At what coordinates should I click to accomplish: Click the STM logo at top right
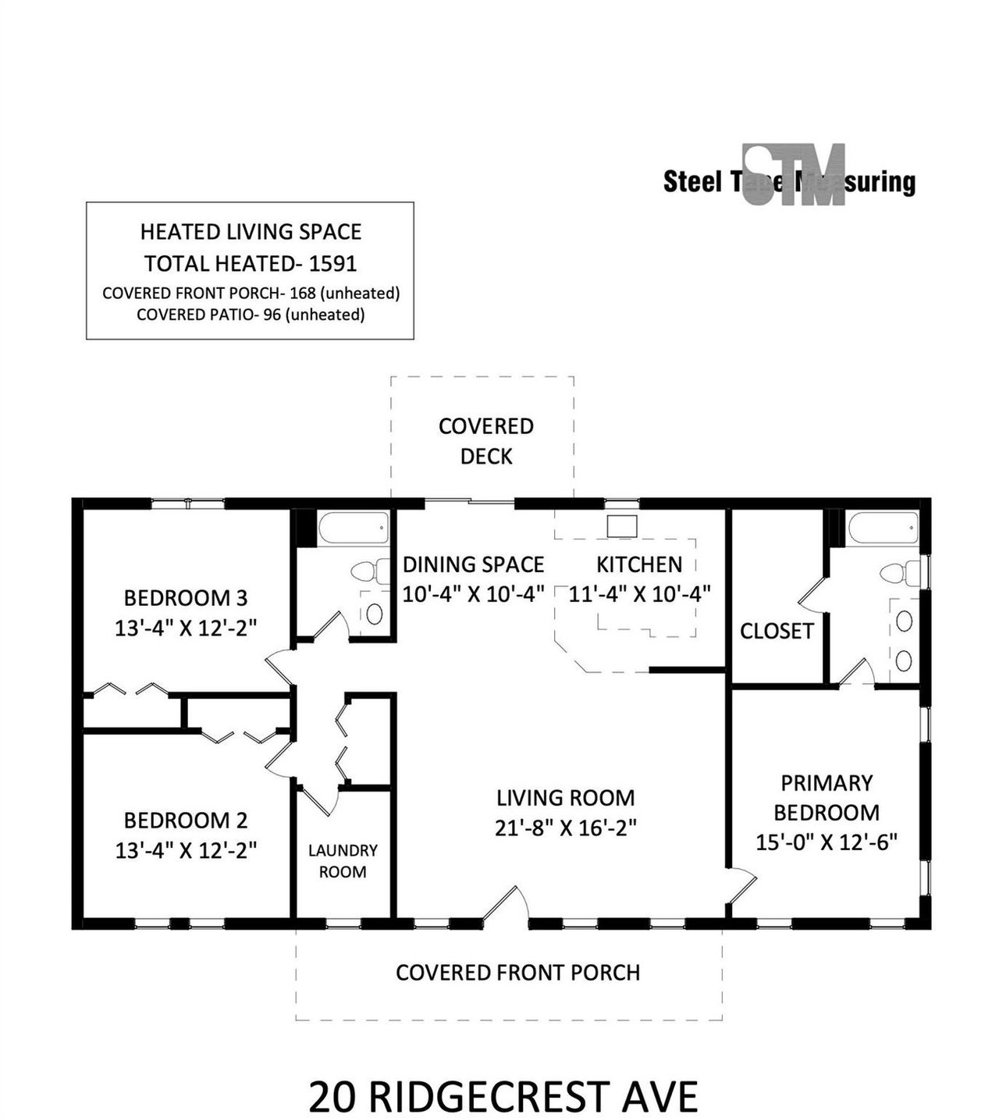pos(793,176)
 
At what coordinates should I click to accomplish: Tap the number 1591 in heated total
pos(333,264)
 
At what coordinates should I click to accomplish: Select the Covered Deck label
pos(485,441)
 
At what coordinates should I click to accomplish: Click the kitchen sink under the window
pos(622,526)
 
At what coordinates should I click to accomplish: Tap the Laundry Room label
pos(343,860)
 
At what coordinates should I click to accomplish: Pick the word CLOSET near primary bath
pos(777,631)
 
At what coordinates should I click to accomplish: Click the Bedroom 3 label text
pos(186,598)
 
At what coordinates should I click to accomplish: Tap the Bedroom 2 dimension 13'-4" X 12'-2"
pos(186,850)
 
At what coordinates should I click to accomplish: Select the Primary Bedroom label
pos(827,797)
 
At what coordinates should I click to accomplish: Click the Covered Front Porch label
pos(517,973)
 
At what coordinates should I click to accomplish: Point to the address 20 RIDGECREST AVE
pos(503,1096)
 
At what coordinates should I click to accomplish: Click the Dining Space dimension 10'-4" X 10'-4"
pos(473,594)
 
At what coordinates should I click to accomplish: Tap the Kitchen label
pos(639,564)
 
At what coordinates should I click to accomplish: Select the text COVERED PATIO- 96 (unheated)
pos(251,315)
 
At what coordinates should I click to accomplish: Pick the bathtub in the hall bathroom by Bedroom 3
pos(354,529)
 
